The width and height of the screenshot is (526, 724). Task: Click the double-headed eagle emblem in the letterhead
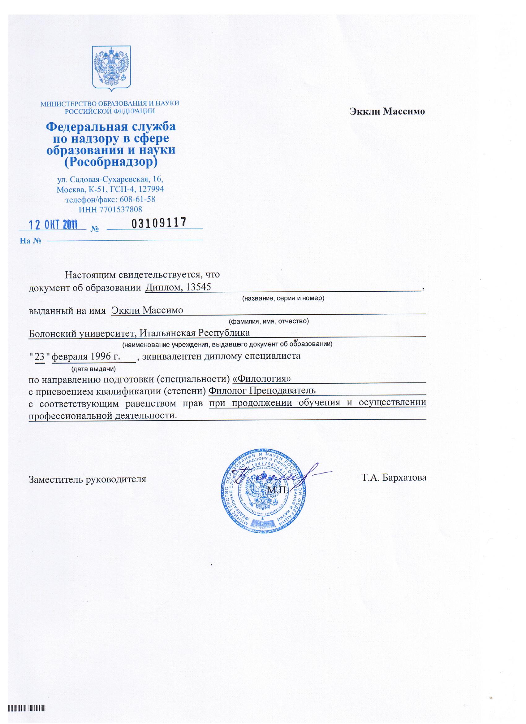112,68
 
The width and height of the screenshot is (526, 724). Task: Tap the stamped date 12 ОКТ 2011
54,225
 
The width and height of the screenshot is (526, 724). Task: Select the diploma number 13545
198,287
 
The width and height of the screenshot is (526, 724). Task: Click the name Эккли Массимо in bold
388,111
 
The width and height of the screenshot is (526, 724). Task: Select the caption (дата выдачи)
93,369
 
